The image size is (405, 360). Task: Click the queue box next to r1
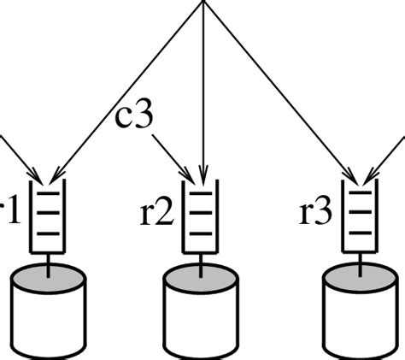click(x=48, y=217)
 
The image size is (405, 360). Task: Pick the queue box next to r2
click(x=202, y=217)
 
